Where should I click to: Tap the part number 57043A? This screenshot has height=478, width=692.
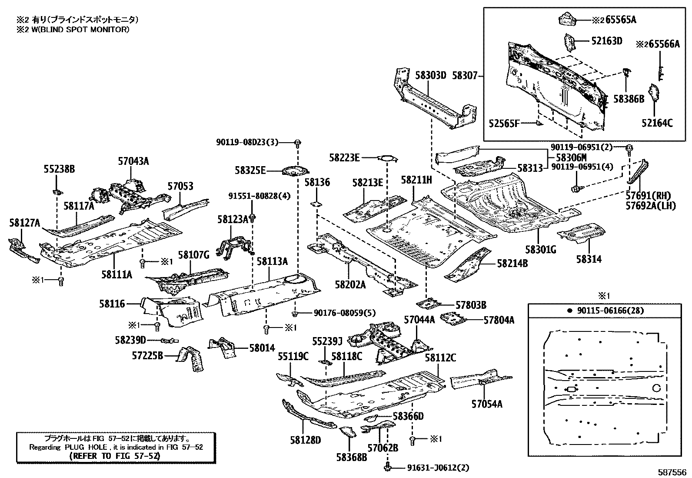click(133, 161)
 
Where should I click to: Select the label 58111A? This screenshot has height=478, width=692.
click(117, 274)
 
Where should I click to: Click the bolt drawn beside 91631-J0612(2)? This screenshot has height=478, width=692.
click(387, 468)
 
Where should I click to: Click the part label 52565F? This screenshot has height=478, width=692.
click(504, 124)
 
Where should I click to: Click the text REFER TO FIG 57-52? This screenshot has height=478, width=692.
click(115, 456)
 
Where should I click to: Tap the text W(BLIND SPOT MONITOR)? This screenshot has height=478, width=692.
click(76, 30)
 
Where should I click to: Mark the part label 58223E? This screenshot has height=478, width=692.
click(344, 158)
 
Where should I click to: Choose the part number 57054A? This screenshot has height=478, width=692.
click(487, 404)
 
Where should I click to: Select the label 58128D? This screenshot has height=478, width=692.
click(306, 440)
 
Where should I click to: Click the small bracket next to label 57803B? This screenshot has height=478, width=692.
click(428, 303)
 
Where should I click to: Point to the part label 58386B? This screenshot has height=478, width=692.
click(629, 99)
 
